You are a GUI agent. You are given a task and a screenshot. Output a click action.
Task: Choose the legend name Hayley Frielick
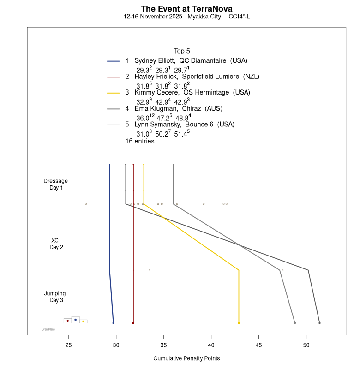tap(154, 77)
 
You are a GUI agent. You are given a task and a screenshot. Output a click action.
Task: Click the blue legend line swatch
tap(114, 61)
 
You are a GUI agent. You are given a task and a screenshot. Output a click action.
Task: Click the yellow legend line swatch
tap(114, 93)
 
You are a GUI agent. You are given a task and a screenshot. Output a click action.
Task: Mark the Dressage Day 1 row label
tap(56, 184)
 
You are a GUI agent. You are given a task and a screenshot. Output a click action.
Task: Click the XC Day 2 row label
tap(56, 244)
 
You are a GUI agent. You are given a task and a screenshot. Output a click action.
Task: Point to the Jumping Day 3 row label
tap(55, 297)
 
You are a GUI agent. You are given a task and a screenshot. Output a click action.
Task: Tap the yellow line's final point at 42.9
tap(239, 323)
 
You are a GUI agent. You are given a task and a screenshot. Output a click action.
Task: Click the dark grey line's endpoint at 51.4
tap(319, 323)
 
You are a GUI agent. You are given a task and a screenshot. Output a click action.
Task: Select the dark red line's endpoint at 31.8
tap(133, 323)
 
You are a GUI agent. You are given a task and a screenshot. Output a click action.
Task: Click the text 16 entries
tap(140, 141)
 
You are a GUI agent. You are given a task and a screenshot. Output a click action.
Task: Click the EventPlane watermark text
tap(48, 329)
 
